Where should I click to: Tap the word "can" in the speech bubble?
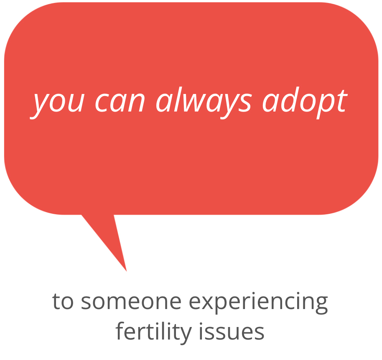tap(120, 102)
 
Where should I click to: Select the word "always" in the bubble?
tap(204, 102)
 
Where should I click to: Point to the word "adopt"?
tap(305, 102)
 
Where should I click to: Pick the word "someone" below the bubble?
tap(131, 302)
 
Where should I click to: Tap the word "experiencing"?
tap(258, 303)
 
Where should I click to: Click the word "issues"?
tap(232, 332)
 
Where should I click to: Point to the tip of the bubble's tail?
tap(127, 271)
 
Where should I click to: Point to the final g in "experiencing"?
tap(321, 305)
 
